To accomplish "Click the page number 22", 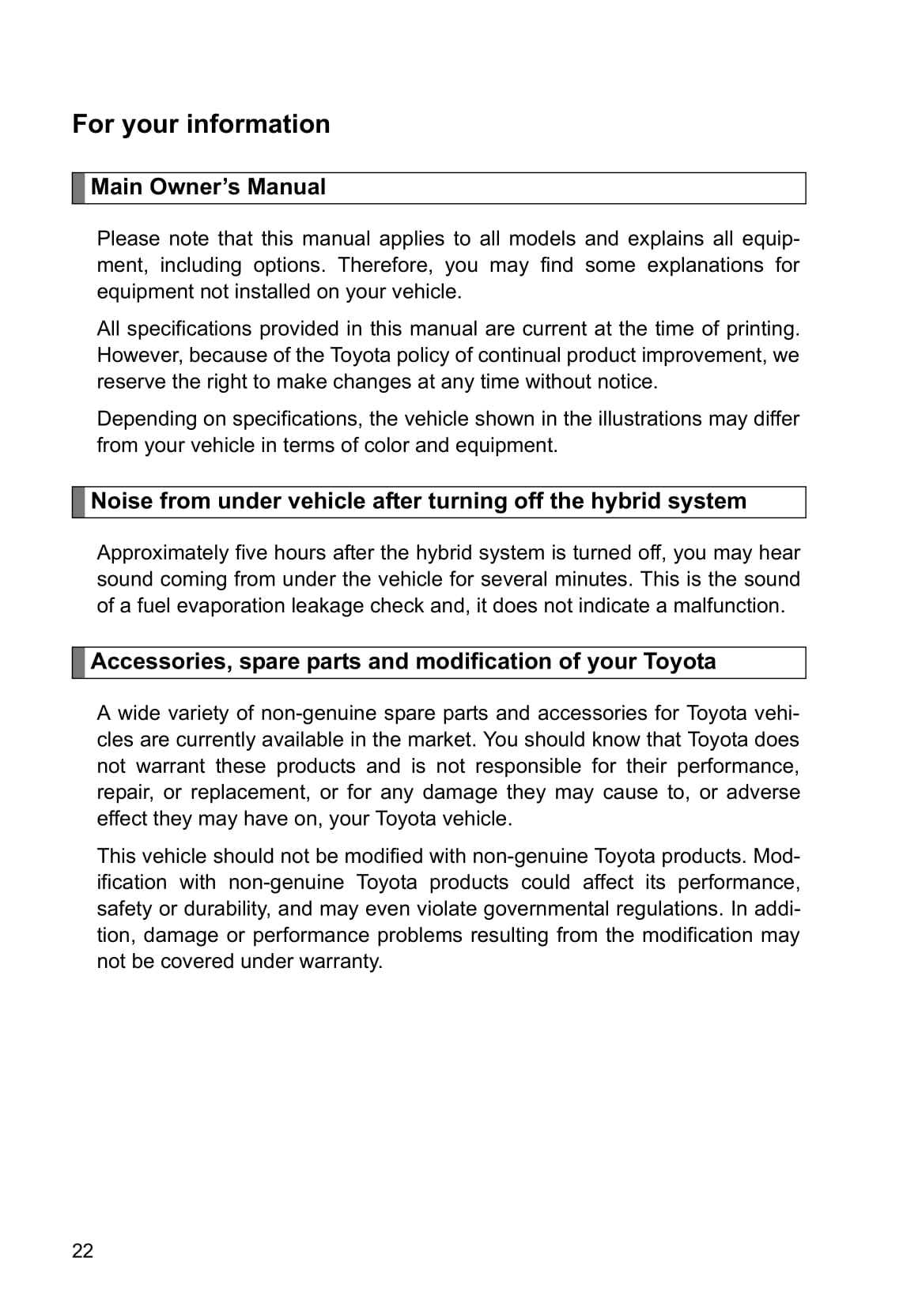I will coord(83,1251).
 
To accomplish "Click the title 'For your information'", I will coord(201,124).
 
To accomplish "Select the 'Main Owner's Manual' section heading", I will coord(208,187).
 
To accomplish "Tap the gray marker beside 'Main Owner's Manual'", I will coord(78,188).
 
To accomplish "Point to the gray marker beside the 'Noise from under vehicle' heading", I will coord(78,502).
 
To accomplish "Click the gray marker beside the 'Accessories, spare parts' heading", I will coord(78,662).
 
